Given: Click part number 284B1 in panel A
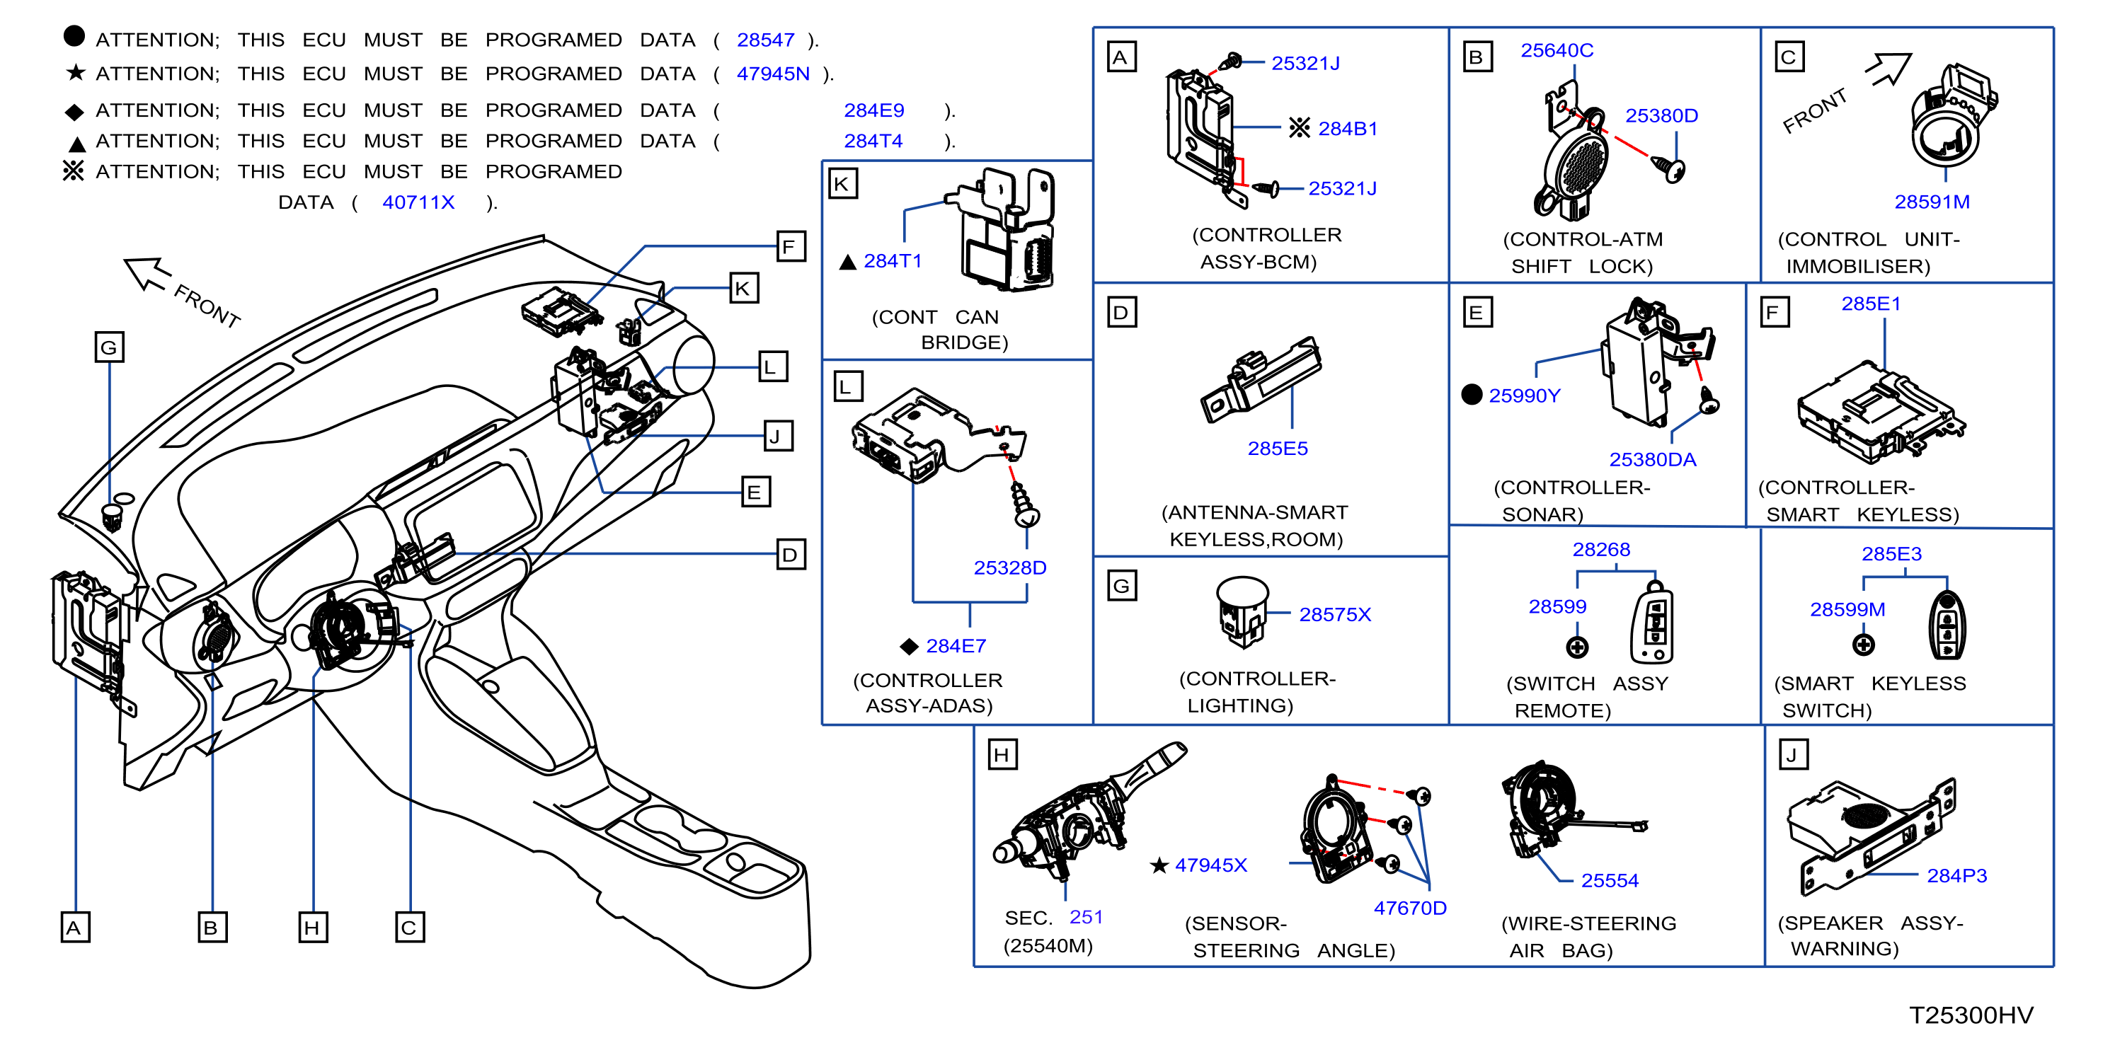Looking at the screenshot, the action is coord(1347,129).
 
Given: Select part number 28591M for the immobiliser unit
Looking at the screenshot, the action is coord(1932,202).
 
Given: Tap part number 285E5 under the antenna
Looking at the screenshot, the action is coord(1278,449).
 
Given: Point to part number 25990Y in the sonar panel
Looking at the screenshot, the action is coord(1524,396).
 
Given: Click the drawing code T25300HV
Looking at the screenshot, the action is coord(1971,1015).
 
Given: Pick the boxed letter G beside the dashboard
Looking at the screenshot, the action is coord(109,347).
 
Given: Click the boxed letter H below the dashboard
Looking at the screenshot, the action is coord(313,928).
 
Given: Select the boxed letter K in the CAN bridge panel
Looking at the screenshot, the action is coord(842,184).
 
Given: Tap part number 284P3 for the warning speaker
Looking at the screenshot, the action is coord(1956,876).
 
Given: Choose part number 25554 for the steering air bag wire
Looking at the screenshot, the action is coord(1609,881).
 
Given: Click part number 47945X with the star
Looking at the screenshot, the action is coord(1210,865).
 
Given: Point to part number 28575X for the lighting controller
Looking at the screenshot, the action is coord(1335,615).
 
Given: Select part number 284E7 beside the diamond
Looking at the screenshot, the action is coord(956,646).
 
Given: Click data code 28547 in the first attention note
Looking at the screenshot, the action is coord(765,40).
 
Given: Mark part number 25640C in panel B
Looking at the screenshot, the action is coord(1557,51).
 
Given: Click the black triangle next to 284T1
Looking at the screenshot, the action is coord(847,262).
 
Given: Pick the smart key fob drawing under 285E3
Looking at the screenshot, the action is coord(1946,625).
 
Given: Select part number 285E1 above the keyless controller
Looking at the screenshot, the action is coord(1871,304).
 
